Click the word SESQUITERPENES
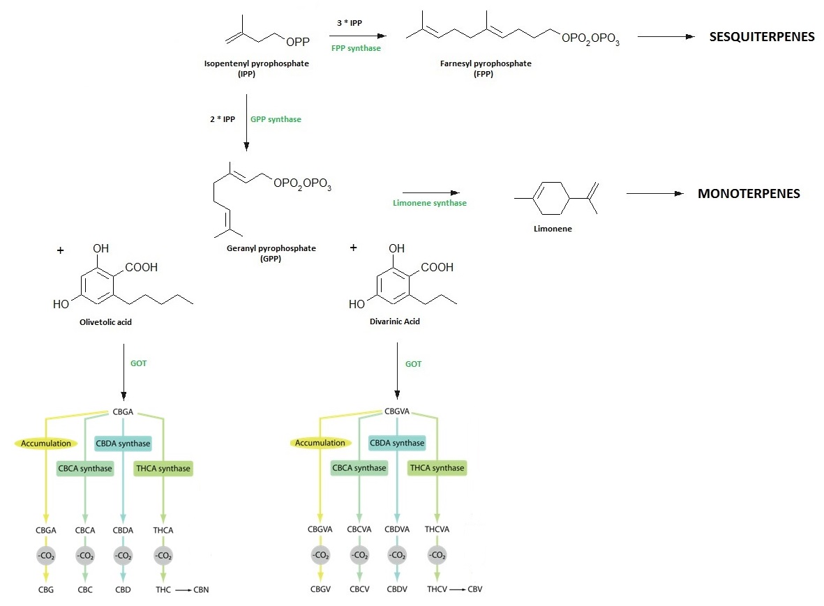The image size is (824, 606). [761, 38]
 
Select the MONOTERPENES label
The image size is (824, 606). [749, 194]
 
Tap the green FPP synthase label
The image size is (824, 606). [356, 49]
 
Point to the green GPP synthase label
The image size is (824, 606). [276, 119]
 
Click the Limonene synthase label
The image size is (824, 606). [429, 203]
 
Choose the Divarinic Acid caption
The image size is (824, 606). [395, 321]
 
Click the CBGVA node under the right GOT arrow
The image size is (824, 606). [397, 411]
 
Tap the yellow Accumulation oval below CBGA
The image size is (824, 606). [46, 443]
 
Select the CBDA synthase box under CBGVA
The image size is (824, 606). [396, 443]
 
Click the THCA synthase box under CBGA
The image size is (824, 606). [163, 469]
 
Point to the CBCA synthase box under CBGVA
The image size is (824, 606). [359, 468]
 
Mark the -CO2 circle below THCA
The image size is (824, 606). [163, 556]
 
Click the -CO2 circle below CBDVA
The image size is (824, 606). [397, 556]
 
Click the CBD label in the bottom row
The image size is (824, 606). [123, 589]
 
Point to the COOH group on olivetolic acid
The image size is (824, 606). [142, 267]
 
